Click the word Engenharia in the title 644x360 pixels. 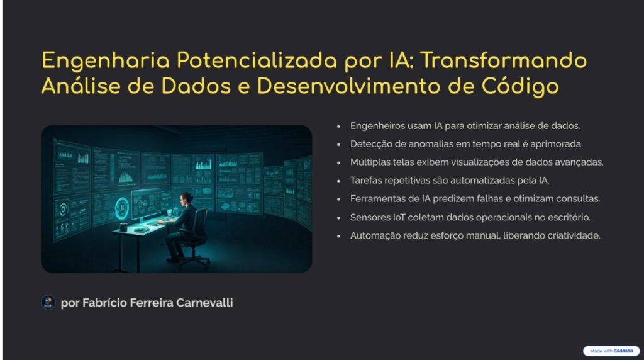(x=106, y=61)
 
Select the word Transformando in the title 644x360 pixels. (x=503, y=60)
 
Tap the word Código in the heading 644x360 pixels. (x=520, y=87)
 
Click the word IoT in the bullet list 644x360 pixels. (x=399, y=217)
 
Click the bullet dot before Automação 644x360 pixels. (x=338, y=236)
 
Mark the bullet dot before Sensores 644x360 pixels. (x=338, y=218)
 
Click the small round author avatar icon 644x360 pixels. (x=48, y=303)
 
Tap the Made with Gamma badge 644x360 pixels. (x=611, y=351)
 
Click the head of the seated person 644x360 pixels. (x=186, y=198)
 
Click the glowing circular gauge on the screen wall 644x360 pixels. (x=122, y=208)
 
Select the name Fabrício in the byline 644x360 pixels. (x=104, y=303)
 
